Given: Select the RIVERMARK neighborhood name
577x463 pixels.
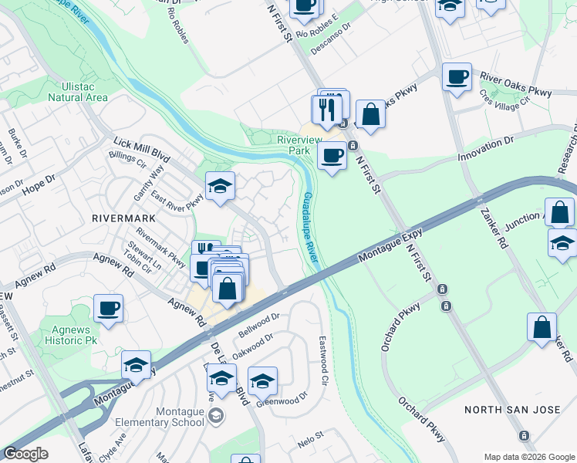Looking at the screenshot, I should pos(123,218).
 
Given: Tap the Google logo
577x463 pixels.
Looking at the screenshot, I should pos(26,453).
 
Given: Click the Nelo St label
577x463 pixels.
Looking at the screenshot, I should pos(310,440).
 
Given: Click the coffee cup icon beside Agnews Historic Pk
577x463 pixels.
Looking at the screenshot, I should pos(109,309).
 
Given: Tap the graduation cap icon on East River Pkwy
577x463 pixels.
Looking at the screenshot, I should pos(220,186).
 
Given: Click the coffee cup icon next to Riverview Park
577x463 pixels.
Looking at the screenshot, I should pos(332,155).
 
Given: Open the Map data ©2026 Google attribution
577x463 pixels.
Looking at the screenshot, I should pos(529,456).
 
